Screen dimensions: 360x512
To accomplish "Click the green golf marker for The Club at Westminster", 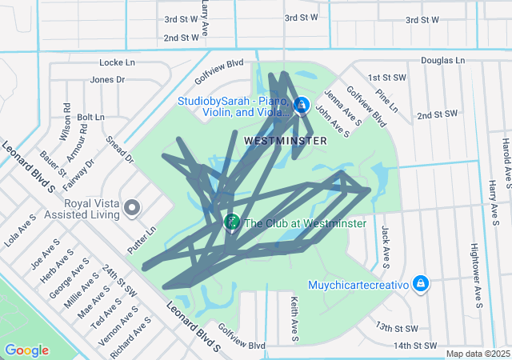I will point(232,222).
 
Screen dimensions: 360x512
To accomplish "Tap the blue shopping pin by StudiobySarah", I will point(302,105).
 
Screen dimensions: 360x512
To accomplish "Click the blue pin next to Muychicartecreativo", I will point(422,284).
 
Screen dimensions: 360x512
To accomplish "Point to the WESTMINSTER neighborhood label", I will point(285,141).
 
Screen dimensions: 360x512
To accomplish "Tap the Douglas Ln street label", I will point(442,60).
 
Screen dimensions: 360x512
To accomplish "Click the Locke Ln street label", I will point(118,62).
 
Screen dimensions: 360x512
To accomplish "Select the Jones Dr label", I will point(107,79).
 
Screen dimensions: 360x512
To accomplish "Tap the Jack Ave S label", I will point(386,245).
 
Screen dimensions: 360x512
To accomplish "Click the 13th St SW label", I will point(398,328).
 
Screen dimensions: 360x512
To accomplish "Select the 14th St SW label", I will point(416,346).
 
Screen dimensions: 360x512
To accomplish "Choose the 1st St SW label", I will point(387,78).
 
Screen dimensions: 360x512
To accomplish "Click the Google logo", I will point(26,350).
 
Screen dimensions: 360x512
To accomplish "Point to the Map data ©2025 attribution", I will point(477,354).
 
